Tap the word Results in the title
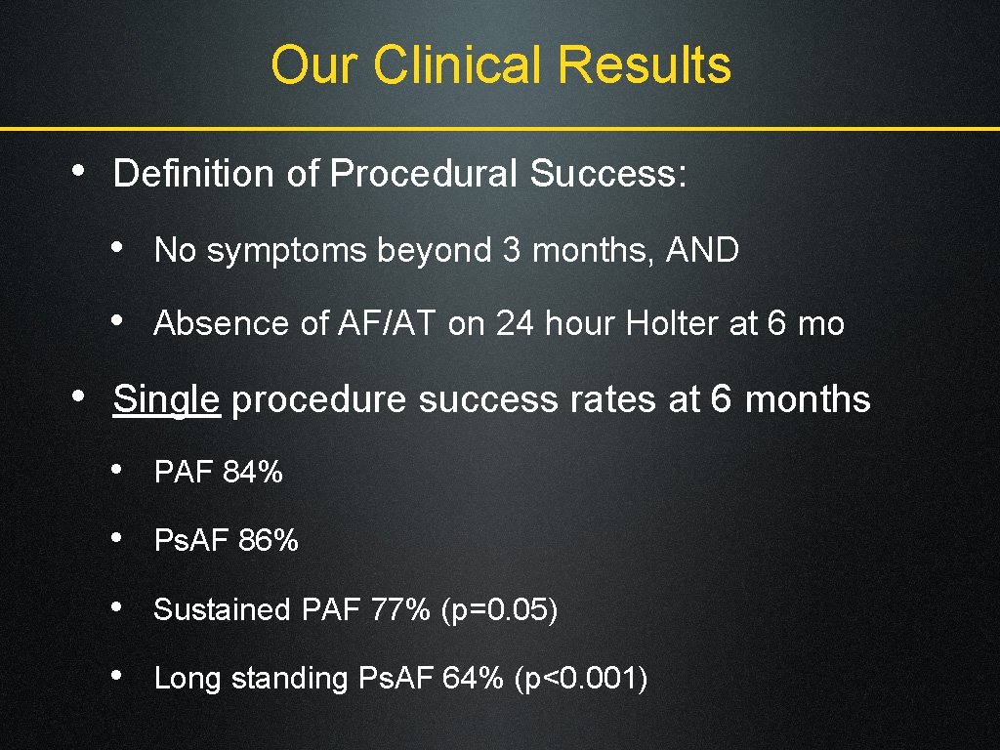[x=644, y=65]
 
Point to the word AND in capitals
[x=702, y=251]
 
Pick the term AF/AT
[x=388, y=324]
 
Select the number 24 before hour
[x=517, y=324]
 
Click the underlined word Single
[x=166, y=399]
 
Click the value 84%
[x=253, y=473]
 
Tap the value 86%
[x=269, y=540]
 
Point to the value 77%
[x=400, y=610]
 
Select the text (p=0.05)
[x=499, y=610]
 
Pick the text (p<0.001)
[x=580, y=678]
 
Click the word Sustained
[x=223, y=610]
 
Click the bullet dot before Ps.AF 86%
[x=116, y=538]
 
